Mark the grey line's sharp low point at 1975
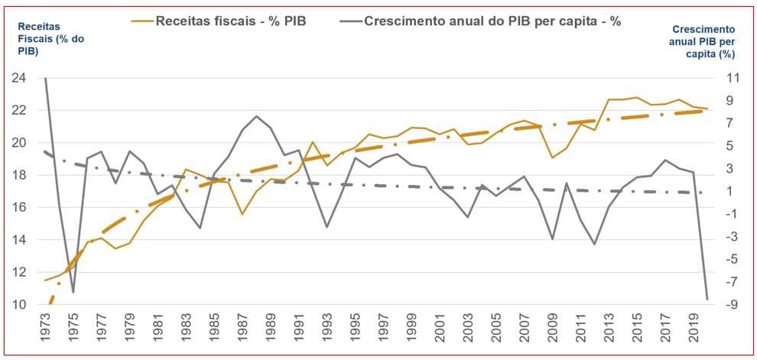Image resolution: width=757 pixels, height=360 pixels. [73, 293]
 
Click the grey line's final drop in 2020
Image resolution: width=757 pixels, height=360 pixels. [707, 299]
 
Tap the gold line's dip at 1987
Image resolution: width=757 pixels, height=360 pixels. [242, 214]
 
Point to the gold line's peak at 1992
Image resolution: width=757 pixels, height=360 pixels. [313, 142]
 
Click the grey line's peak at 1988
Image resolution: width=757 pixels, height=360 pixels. [256, 116]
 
